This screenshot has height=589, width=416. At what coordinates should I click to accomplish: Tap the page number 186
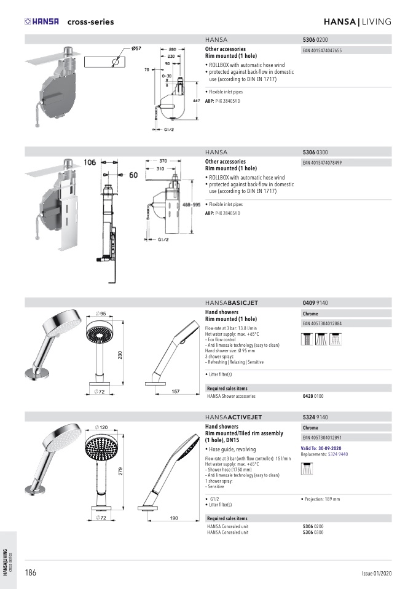(30, 572)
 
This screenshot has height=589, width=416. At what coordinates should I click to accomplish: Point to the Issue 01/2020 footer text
(376, 573)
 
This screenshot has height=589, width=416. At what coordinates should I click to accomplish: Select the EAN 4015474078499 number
(323, 163)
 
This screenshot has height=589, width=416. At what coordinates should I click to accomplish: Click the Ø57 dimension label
(136, 49)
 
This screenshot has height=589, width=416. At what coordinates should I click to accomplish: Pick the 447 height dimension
(197, 100)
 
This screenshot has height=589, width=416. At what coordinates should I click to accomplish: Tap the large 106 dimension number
(90, 162)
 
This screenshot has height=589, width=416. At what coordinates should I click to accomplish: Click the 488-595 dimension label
(192, 205)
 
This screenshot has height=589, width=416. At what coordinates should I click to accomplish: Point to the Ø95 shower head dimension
(101, 314)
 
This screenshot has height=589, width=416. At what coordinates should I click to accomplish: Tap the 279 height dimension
(121, 472)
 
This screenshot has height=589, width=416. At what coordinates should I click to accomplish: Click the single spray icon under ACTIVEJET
(306, 468)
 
